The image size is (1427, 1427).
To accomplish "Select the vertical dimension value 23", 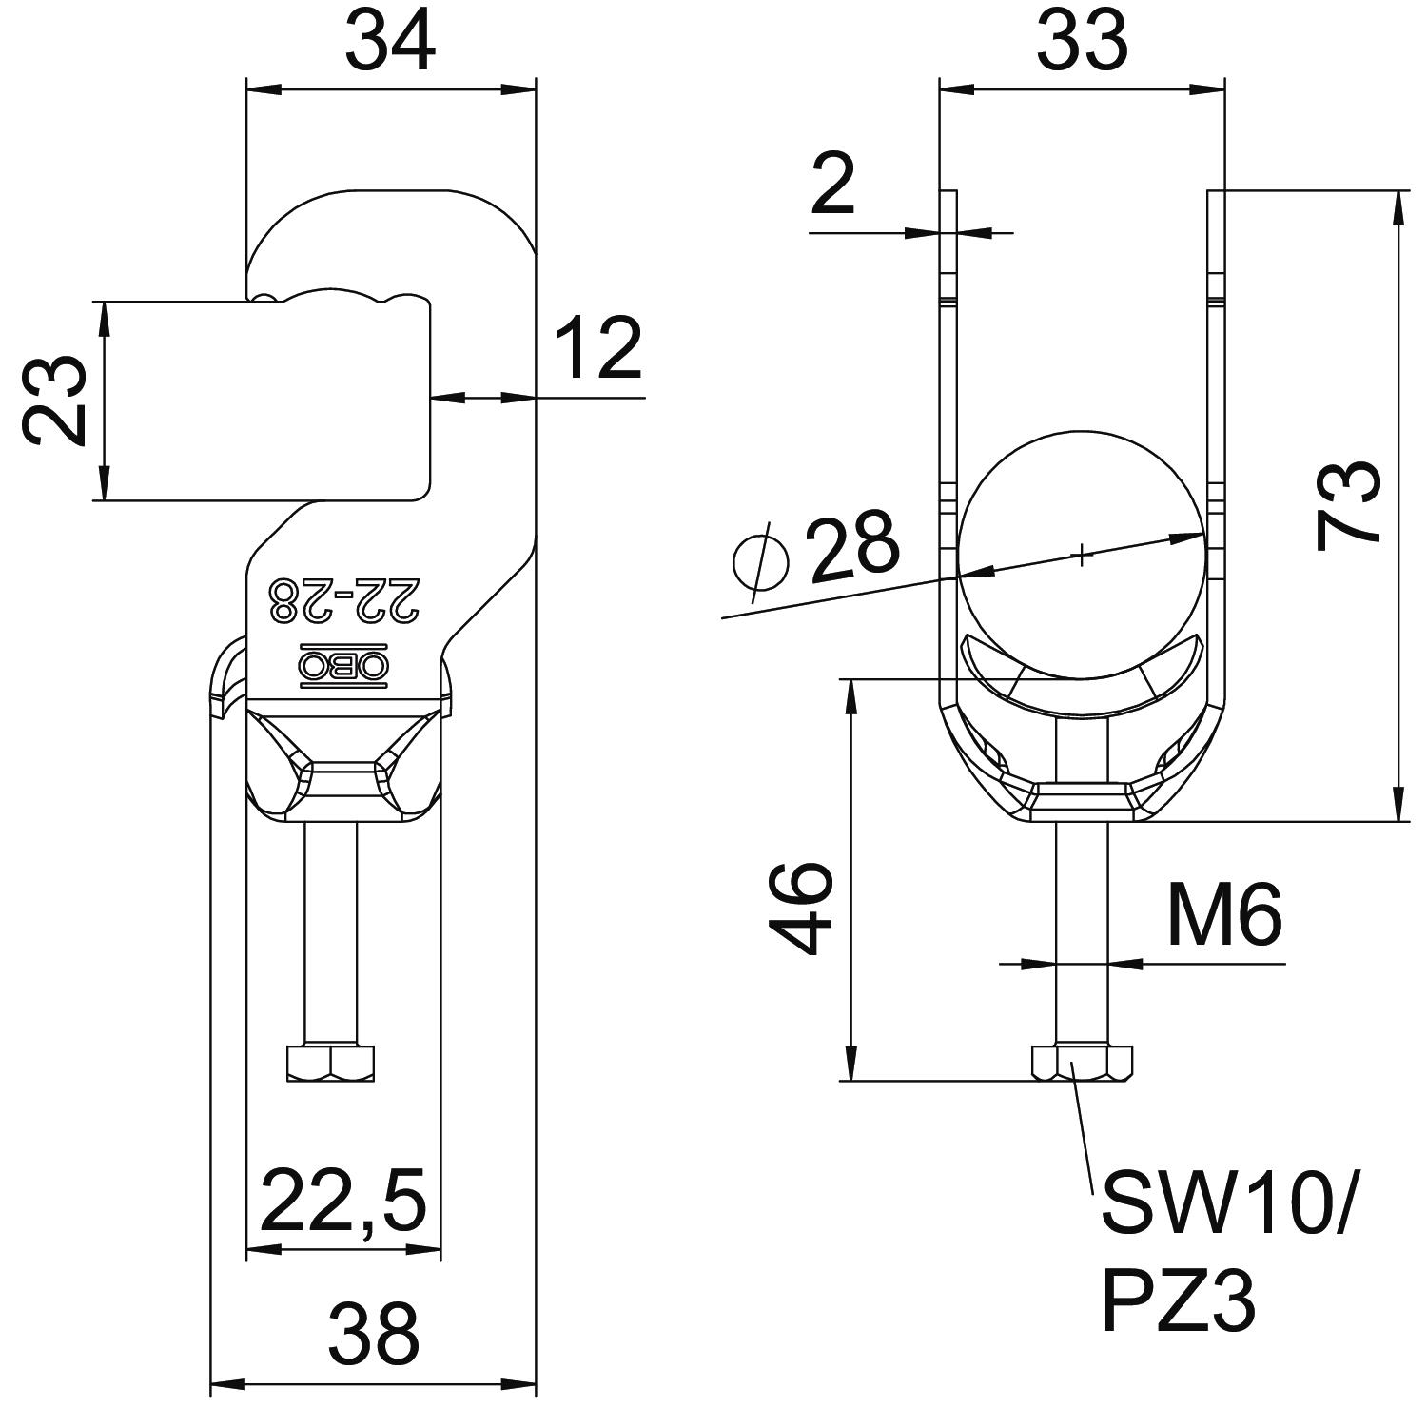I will [54, 401].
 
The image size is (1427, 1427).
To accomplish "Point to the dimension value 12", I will [598, 349].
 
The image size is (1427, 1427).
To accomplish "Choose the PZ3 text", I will [1179, 1302].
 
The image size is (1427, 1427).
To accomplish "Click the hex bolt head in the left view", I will [330, 1063].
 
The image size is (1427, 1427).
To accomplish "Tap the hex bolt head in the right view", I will [1082, 1063].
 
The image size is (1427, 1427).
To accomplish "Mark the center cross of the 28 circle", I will [1082, 555].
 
